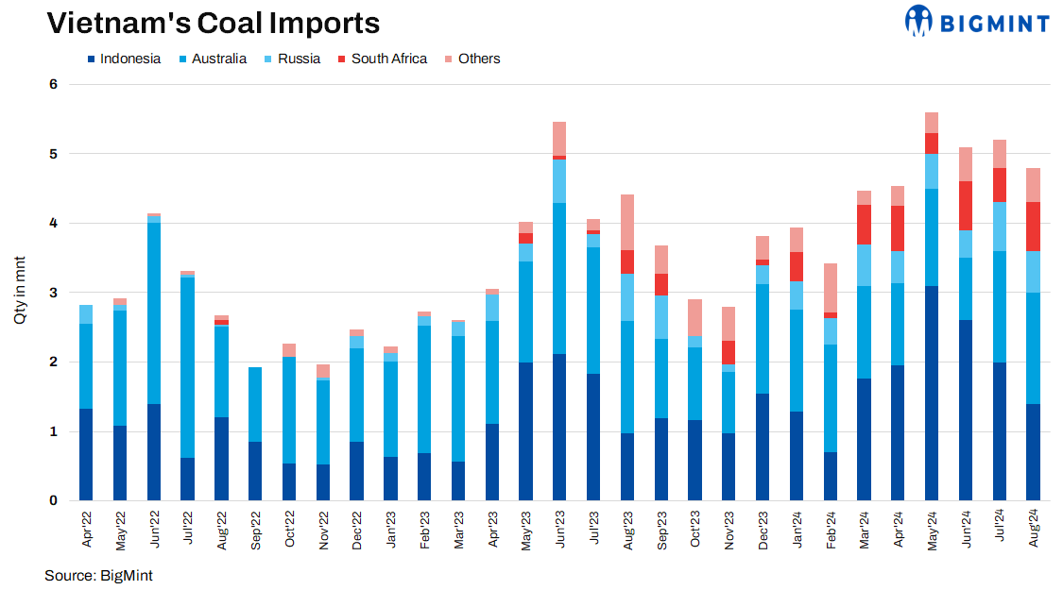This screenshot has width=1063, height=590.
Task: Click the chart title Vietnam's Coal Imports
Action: coord(214,23)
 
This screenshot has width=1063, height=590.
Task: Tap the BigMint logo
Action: coord(977,21)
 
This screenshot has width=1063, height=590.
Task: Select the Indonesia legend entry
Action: coord(123,59)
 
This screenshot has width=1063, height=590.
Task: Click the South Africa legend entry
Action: coord(388,59)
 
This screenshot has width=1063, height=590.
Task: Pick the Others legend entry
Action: coord(478,59)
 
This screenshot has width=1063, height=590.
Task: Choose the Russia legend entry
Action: coord(299,59)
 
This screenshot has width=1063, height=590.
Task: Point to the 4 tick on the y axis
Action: coord(53,223)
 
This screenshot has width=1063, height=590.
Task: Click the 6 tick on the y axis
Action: coord(53,84)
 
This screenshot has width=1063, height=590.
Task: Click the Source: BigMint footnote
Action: coord(98,575)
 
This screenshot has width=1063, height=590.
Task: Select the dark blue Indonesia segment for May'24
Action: coord(932,393)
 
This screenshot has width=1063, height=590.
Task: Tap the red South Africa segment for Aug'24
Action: coord(1033,226)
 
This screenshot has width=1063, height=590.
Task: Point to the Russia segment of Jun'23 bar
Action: coord(559,181)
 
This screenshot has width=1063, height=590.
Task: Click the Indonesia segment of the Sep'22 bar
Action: coord(255,470)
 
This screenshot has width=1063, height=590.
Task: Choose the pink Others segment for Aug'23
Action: coord(627,222)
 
